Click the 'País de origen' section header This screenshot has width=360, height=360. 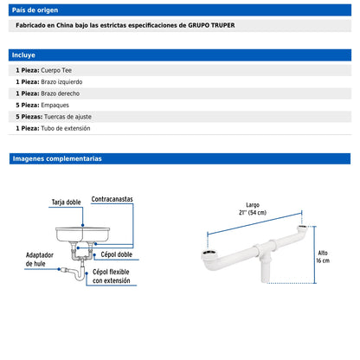pyautogui.click(x=35, y=9)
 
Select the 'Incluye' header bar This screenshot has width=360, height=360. pyautogui.click(x=24, y=54)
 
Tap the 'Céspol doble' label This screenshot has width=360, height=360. pyautogui.click(x=115, y=255)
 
